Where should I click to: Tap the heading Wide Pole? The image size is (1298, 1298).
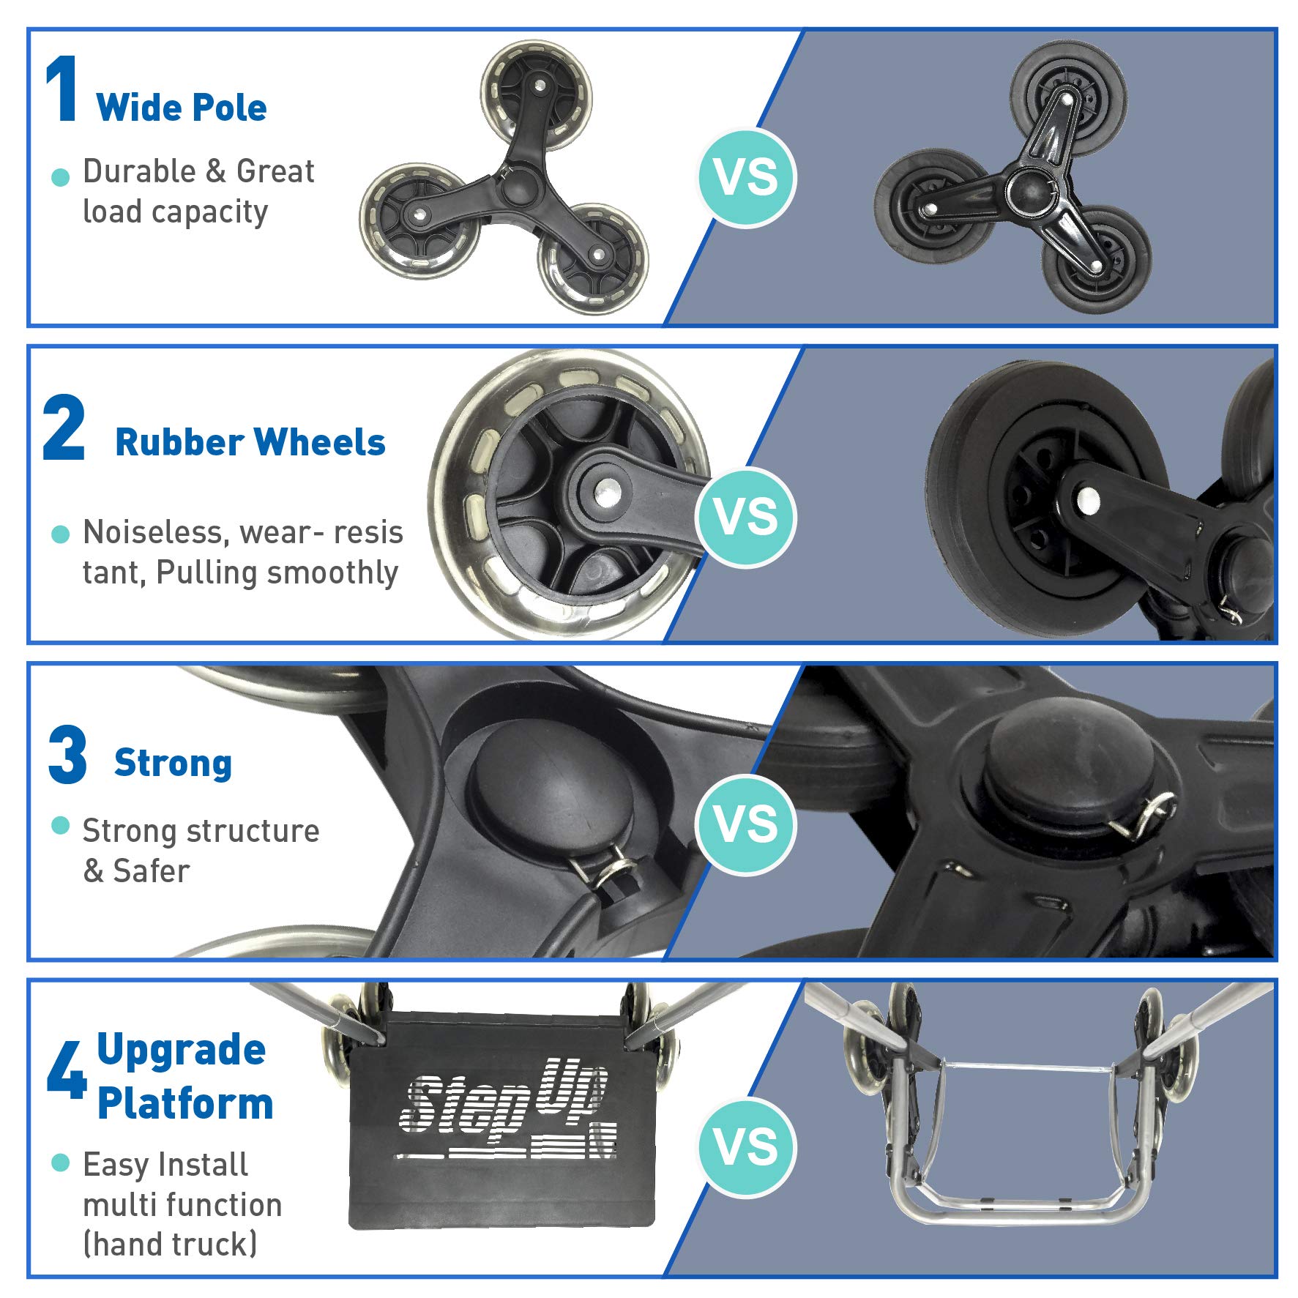[181, 108]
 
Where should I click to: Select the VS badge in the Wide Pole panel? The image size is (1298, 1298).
[746, 178]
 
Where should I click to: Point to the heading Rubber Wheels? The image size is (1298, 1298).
[250, 442]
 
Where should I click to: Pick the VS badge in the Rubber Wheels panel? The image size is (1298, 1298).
[746, 516]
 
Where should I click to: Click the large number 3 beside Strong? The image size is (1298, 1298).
[67, 755]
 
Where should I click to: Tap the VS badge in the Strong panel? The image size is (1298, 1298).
[746, 824]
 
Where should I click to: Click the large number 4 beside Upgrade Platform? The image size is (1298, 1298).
[67, 1070]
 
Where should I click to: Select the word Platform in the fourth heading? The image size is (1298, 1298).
[185, 1103]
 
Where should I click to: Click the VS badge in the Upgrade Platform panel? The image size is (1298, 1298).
[746, 1146]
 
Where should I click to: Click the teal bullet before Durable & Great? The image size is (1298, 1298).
[61, 177]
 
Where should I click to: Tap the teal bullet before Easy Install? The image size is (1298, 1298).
[61, 1163]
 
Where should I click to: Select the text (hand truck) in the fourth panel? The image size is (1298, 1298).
[170, 1244]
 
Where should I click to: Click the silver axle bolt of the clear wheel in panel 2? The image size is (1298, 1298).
[607, 491]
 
